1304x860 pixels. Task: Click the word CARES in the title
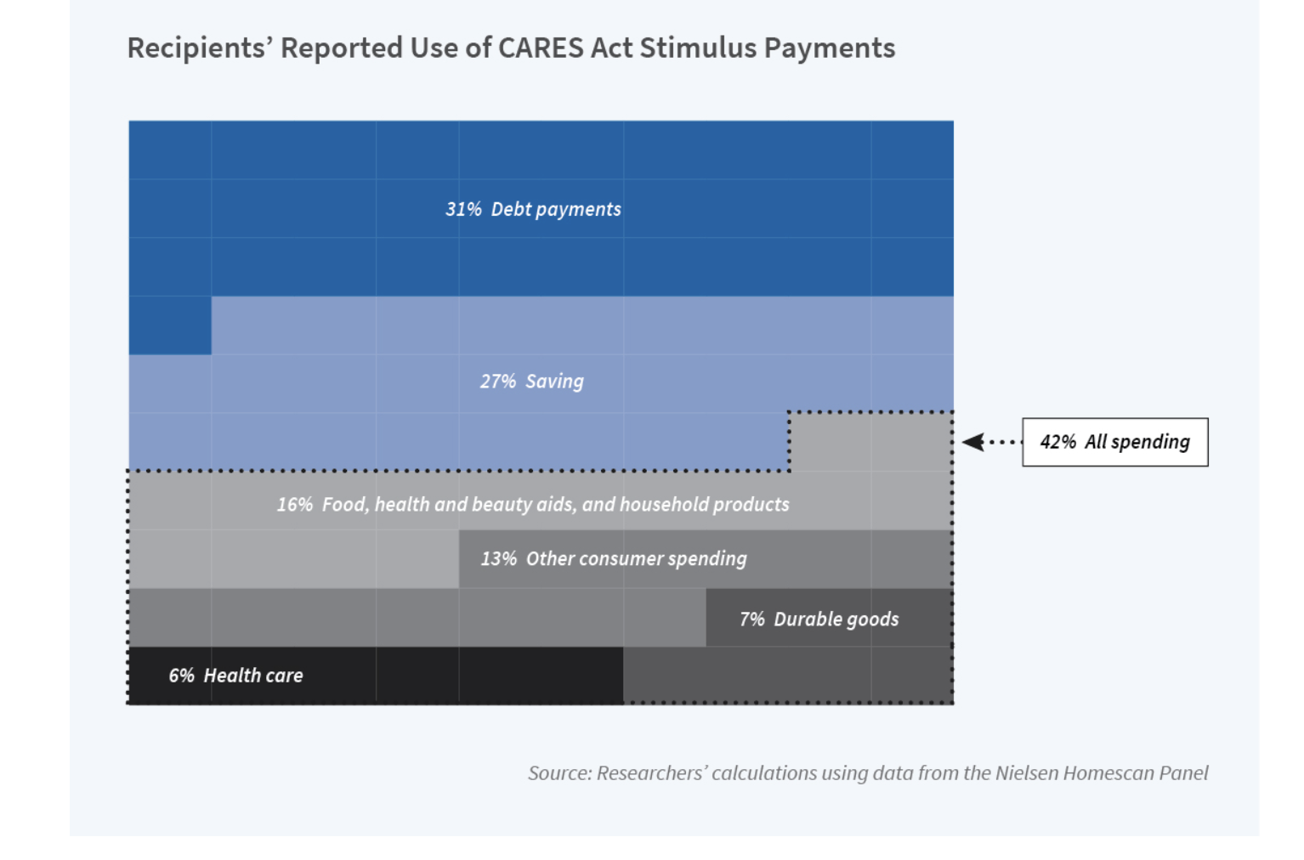coord(541,48)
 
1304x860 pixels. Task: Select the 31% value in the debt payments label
coord(463,209)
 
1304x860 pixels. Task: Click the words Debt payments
coord(556,209)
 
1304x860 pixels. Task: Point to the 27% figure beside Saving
coord(498,382)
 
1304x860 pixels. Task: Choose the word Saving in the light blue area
coord(554,382)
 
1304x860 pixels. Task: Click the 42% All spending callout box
coord(1114,442)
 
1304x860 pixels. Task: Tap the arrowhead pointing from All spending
coord(973,442)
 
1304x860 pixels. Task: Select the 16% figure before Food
coord(295,505)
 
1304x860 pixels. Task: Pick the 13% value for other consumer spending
coord(498,559)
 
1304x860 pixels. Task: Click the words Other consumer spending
coord(637,559)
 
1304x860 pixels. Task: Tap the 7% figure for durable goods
coord(752,620)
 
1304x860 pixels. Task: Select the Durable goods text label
coord(836,620)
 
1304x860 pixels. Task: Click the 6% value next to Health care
coord(182,676)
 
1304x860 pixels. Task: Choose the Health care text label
coord(253,676)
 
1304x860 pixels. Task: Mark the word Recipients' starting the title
coord(201,48)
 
